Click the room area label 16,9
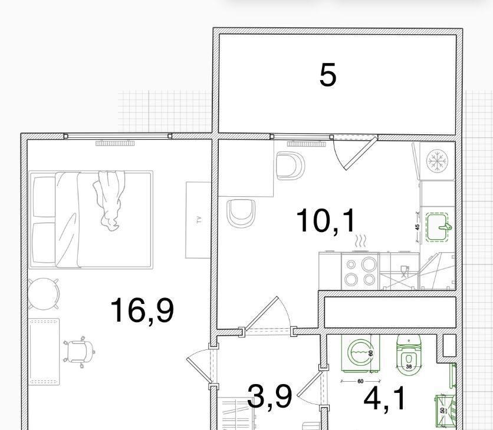[142, 310]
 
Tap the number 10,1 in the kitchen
[326, 221]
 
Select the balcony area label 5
[328, 75]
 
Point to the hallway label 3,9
[269, 398]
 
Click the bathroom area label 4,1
[384, 399]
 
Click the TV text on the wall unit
[199, 220]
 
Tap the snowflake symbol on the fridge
[437, 161]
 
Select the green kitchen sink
[438, 227]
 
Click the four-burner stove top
[360, 272]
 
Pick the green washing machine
[360, 353]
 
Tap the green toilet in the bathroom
[409, 355]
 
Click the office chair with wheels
[78, 352]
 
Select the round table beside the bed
[44, 294]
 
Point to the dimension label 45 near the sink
[418, 227]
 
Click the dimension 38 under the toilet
[409, 366]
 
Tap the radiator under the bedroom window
[115, 144]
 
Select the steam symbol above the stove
[361, 242]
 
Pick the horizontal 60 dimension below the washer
[360, 381]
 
